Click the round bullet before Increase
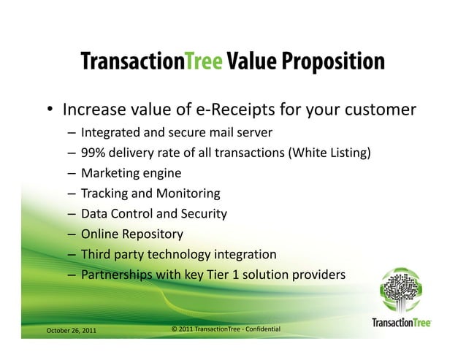(50, 111)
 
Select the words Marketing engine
(131, 173)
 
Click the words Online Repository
(131, 234)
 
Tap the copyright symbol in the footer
(173, 330)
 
